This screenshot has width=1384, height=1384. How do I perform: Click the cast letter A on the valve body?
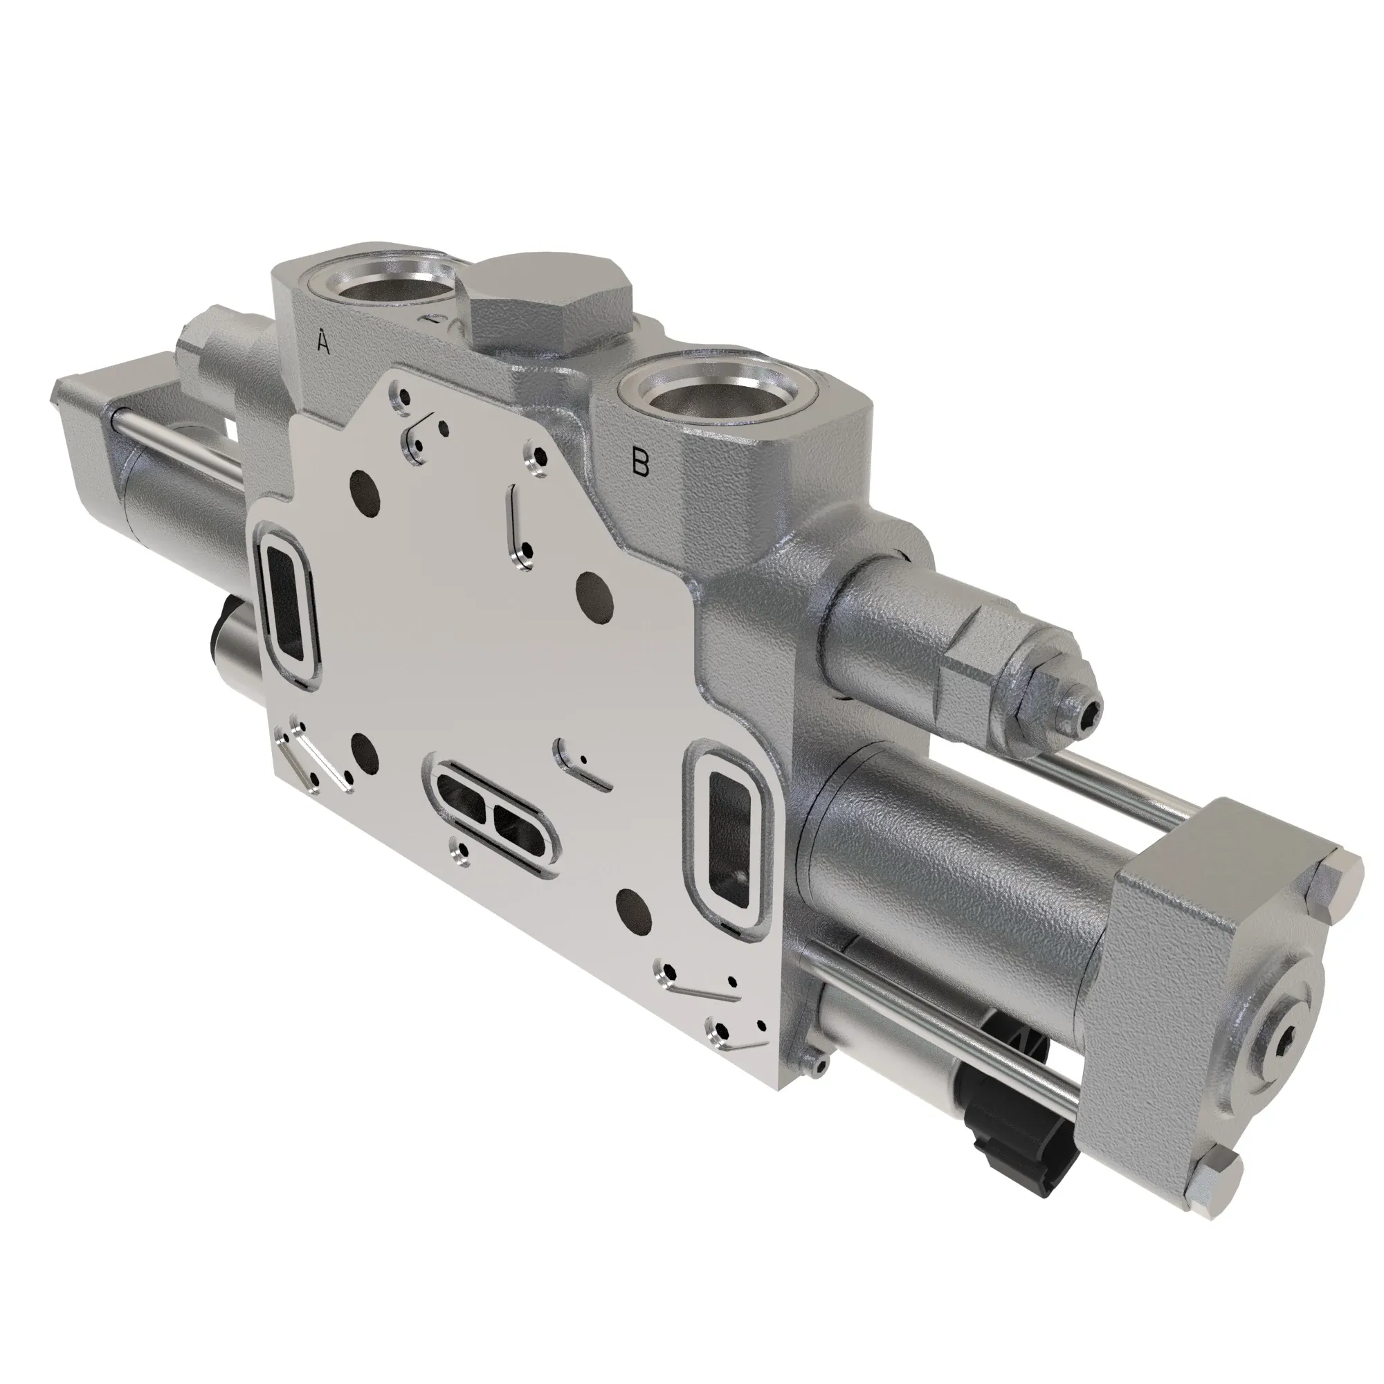coord(323,343)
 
